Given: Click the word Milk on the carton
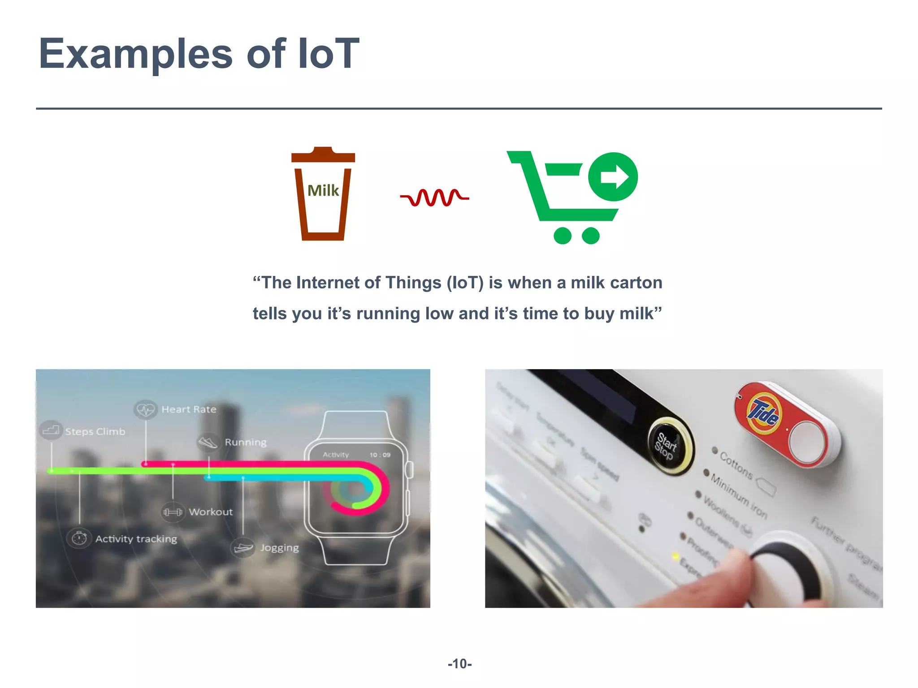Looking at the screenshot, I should [323, 191].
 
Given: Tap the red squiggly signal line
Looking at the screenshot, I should [434, 197].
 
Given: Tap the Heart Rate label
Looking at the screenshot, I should [189, 409].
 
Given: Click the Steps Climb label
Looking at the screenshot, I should [95, 432].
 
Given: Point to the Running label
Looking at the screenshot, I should [245, 443].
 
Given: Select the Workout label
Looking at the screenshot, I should [211, 512].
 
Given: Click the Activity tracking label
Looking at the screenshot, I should [136, 539].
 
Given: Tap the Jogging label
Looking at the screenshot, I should [279, 548].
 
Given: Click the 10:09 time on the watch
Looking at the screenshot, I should [380, 455].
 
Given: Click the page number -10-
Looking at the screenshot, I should [459, 664].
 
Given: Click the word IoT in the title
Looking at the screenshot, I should [329, 54].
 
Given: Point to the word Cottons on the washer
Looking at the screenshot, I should [736, 465].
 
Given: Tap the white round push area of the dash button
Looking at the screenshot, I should [807, 441].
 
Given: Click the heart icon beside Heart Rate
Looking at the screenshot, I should [145, 409].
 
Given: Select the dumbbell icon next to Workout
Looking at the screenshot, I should [173, 512].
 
